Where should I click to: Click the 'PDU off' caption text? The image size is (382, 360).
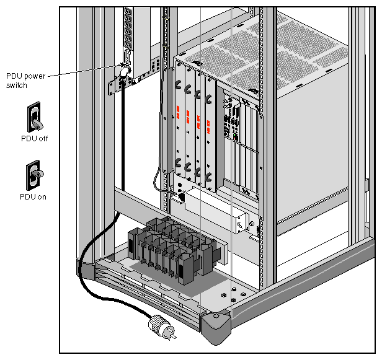coord(33,139)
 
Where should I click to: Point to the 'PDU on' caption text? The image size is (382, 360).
coord(33,198)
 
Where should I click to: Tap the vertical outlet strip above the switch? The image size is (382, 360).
coord(128,31)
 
